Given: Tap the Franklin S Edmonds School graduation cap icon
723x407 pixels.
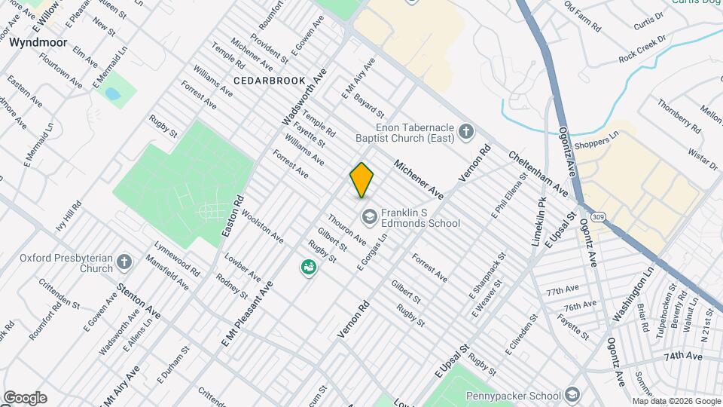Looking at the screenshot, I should (369, 217).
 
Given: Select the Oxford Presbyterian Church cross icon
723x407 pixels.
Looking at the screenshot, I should (124, 262).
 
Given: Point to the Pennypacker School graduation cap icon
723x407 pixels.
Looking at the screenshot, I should (572, 396).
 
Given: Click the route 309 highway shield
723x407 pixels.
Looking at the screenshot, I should (598, 217).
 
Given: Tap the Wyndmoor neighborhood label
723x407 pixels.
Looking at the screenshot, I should (38, 43).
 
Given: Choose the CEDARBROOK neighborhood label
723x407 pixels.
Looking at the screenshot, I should (270, 80).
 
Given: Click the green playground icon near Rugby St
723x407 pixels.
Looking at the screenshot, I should (308, 267).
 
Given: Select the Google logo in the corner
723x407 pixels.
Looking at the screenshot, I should (25, 397).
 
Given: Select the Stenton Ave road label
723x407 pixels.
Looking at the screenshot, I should (140, 300).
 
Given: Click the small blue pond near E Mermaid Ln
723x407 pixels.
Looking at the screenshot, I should (113, 94).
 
